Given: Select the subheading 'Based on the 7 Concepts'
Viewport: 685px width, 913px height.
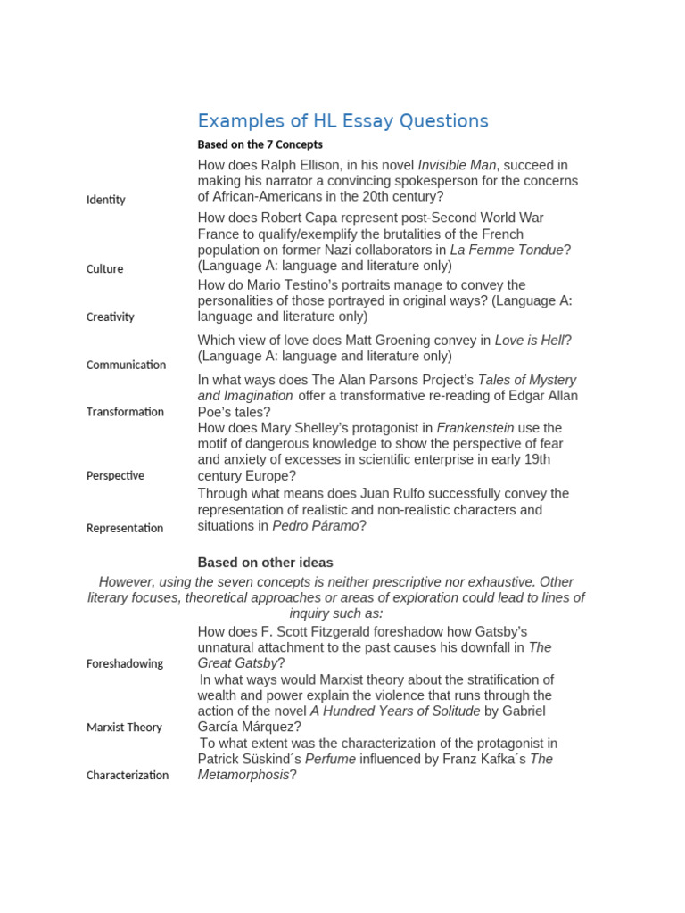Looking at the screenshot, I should click(x=260, y=144).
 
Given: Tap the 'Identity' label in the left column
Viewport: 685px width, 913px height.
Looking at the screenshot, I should click(x=105, y=200).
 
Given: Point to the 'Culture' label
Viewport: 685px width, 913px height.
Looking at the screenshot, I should click(x=104, y=269).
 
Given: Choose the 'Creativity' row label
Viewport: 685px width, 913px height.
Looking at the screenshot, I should click(x=110, y=317).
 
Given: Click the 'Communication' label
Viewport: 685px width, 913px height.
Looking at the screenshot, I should click(x=126, y=365).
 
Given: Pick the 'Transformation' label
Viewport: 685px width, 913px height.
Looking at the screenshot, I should click(x=125, y=412).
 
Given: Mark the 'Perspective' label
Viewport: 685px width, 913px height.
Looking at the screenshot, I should click(x=115, y=475).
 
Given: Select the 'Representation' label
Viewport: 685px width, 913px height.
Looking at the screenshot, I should click(x=125, y=528).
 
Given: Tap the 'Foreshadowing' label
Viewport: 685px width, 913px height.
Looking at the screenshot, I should click(x=124, y=663).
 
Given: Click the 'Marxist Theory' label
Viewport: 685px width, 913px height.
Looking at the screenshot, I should click(x=124, y=728).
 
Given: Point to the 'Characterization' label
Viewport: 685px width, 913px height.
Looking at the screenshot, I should click(x=127, y=775).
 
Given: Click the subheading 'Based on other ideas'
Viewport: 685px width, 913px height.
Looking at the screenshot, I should click(x=265, y=563).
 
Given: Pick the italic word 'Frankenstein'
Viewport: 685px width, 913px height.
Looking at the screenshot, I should click(x=475, y=428).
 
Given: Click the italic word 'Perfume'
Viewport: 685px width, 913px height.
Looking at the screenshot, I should click(x=330, y=759).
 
